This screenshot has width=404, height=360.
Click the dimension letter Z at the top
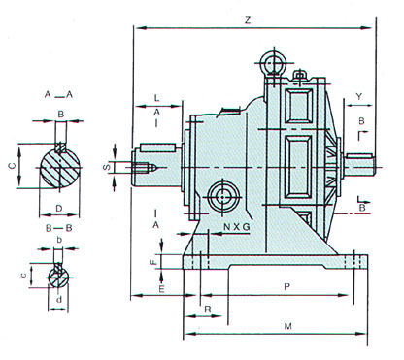coord(248,20)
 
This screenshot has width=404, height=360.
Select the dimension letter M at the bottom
coord(287,326)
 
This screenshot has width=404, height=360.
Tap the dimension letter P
coord(286,286)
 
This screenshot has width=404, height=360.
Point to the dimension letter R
coord(208,310)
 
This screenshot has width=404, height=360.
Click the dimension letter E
coord(161,289)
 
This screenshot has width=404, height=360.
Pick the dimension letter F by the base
coord(154,261)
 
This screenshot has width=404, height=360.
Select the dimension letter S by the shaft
coord(107,167)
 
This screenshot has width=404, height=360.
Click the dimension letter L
coord(156,98)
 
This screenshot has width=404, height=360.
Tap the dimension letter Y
coord(359,96)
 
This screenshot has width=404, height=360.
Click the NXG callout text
coord(237,227)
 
